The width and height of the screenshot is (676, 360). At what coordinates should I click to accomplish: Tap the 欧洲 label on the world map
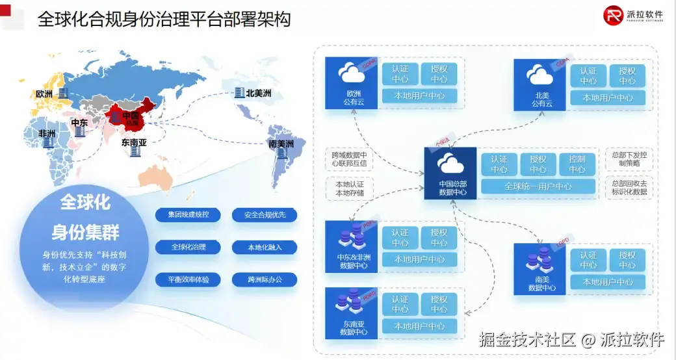click(x=44, y=95)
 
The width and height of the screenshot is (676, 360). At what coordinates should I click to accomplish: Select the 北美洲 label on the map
click(x=257, y=93)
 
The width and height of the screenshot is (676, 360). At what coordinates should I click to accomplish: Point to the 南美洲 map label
click(x=281, y=144)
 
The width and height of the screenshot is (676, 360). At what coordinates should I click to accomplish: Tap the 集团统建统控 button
click(x=188, y=215)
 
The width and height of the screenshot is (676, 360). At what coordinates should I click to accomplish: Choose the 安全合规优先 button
click(x=265, y=215)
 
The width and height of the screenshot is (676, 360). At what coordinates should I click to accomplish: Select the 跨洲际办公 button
click(x=265, y=280)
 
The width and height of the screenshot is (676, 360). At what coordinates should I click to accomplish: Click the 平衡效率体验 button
click(x=188, y=280)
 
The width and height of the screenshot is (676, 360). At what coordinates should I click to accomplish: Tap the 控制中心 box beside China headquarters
click(x=577, y=164)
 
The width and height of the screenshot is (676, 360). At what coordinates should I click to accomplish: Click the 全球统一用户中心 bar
click(x=538, y=186)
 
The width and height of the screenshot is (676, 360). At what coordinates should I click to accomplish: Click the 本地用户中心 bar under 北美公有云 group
click(x=608, y=98)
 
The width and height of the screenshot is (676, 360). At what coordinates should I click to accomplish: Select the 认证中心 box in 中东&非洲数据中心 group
click(x=400, y=238)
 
